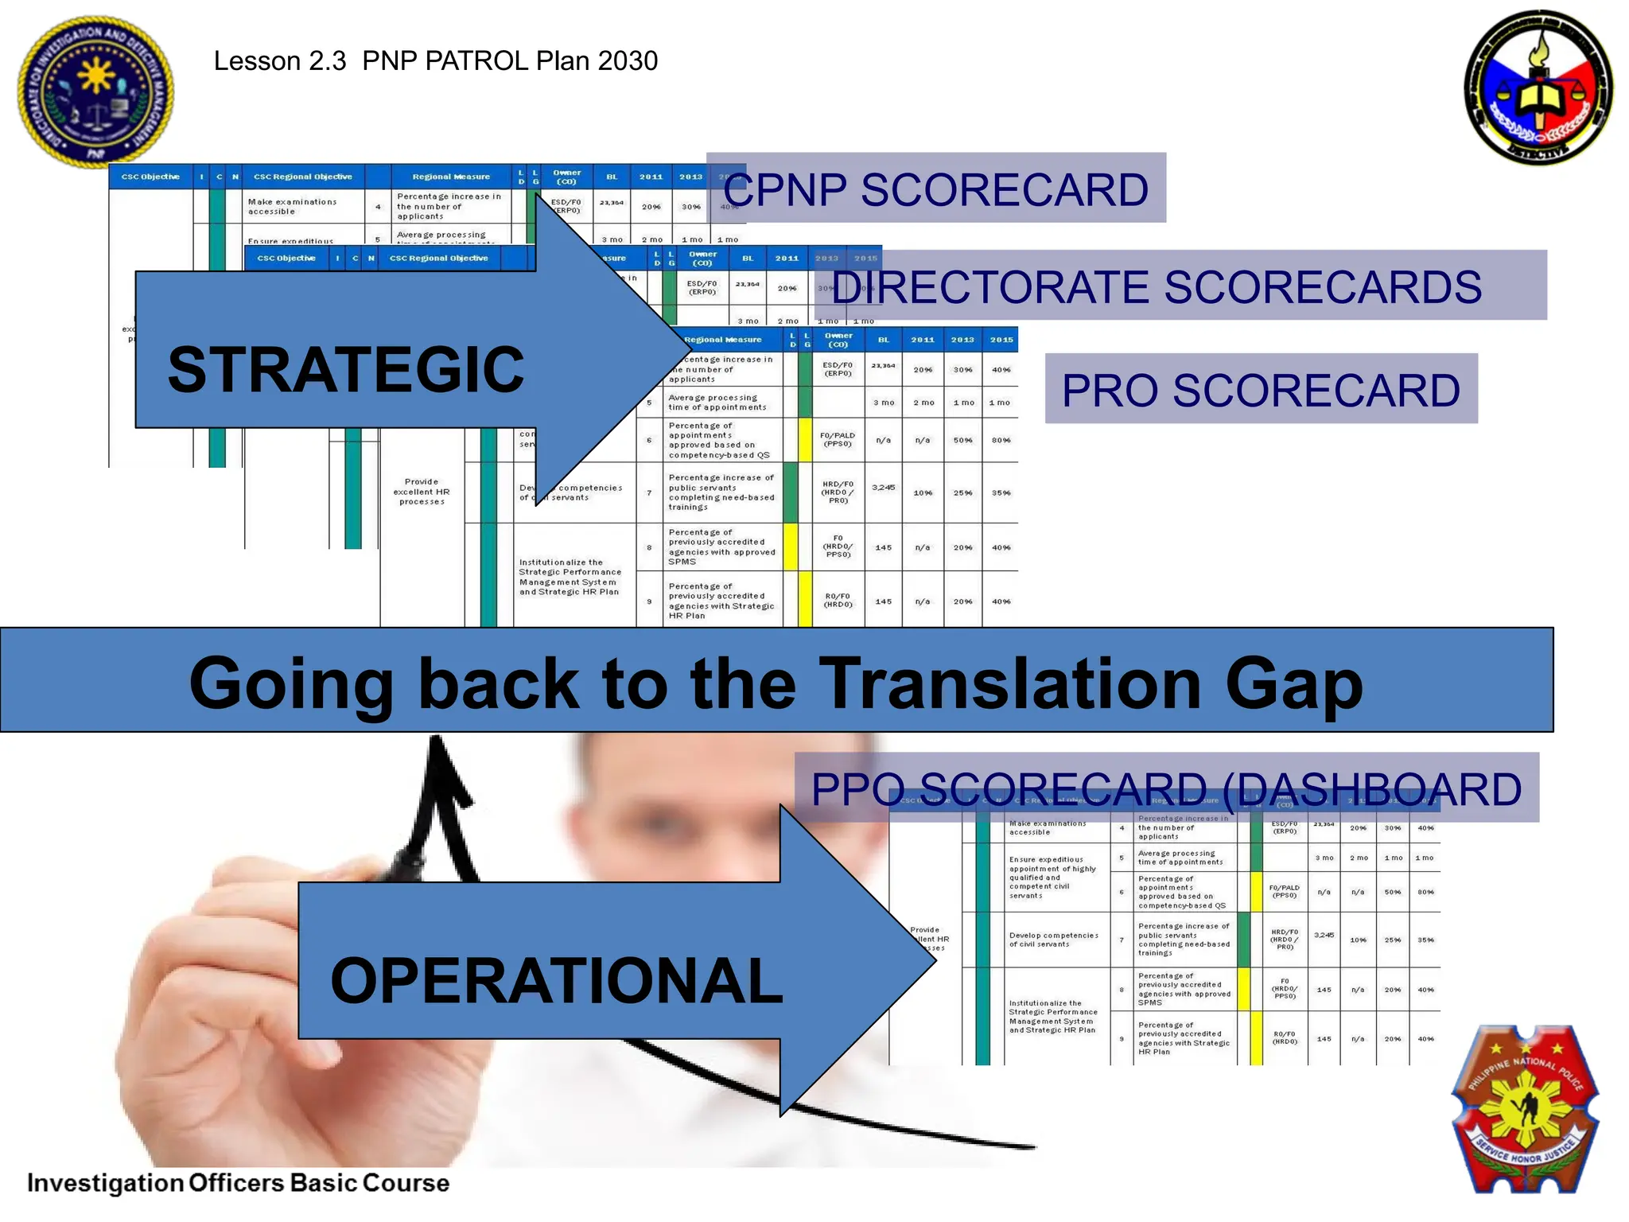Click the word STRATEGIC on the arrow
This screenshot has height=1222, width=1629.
[346, 370]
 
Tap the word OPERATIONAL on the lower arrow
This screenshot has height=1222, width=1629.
[557, 980]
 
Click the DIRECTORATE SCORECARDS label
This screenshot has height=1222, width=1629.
[1157, 286]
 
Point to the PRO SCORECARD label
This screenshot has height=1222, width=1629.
[1261, 390]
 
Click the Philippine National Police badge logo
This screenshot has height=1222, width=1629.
[1525, 1109]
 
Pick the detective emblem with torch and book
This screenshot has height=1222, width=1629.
[1539, 88]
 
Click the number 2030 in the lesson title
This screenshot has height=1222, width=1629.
[628, 61]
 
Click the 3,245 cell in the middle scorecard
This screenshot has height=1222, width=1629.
[883, 488]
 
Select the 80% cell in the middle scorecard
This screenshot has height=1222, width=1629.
[1001, 440]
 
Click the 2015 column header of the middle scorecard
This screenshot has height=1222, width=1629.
[1001, 340]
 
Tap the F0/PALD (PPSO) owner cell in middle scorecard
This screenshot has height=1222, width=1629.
[838, 439]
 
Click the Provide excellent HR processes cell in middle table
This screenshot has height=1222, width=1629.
[422, 492]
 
